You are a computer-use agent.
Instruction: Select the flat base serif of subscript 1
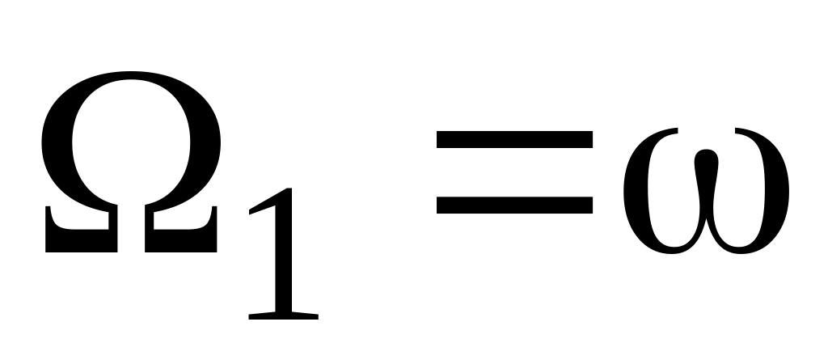[x=283, y=314]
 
